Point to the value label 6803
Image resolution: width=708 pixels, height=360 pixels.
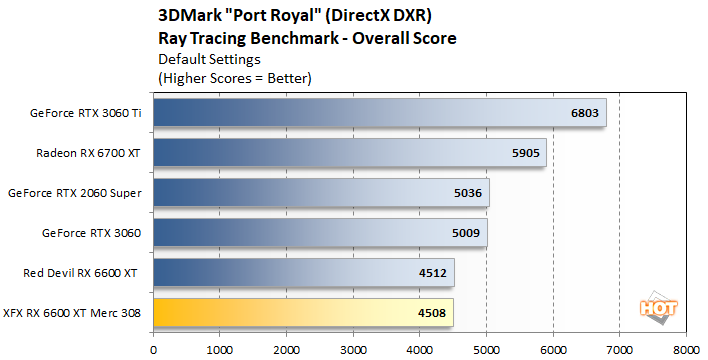(x=584, y=113)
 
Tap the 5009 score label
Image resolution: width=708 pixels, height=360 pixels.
(x=466, y=233)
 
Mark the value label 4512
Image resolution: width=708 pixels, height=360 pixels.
(x=433, y=273)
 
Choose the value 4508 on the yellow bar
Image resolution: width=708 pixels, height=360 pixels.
(x=433, y=313)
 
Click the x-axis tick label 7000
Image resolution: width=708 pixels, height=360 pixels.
(x=619, y=349)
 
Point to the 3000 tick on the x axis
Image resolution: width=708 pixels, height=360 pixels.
(x=353, y=349)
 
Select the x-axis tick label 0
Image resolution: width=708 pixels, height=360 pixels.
(x=153, y=349)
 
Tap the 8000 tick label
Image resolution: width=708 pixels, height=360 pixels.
(x=686, y=349)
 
